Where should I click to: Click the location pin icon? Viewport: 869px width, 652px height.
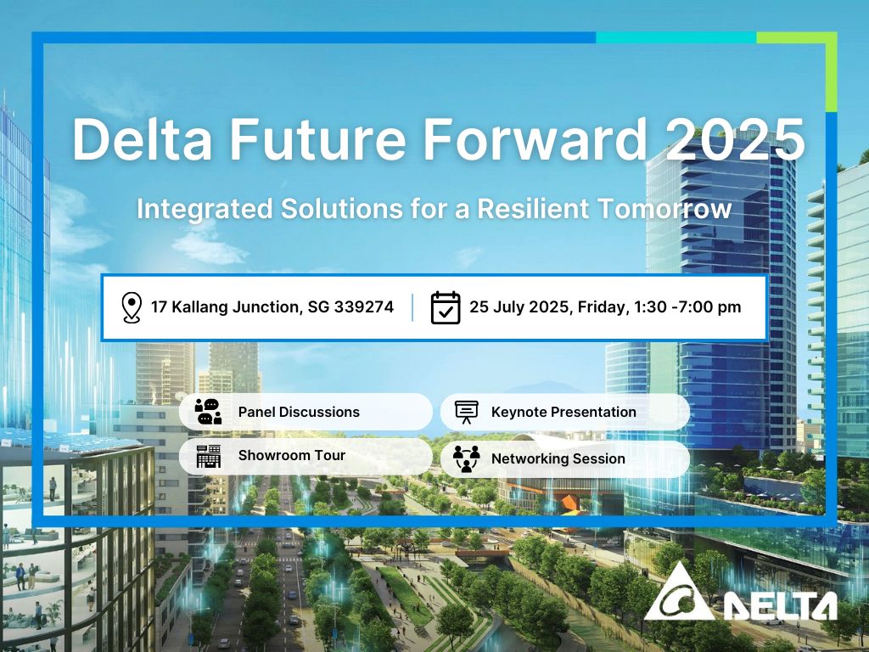(x=131, y=307)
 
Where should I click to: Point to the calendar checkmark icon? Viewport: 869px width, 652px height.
(x=446, y=307)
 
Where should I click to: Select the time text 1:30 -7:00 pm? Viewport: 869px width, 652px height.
(x=687, y=307)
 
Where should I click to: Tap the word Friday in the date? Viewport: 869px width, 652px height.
(x=602, y=307)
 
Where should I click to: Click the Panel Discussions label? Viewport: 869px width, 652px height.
(x=299, y=412)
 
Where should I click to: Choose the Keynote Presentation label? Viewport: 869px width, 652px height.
(x=563, y=412)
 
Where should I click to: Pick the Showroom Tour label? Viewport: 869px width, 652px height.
(x=291, y=455)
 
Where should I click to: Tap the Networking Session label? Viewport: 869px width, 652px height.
(x=558, y=458)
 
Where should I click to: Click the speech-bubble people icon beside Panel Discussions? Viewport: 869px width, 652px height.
(x=208, y=412)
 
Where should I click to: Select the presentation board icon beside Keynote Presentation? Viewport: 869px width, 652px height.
(x=466, y=412)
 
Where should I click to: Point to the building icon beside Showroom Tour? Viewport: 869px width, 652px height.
(x=208, y=456)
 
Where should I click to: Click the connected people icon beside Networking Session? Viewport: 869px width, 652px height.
(x=466, y=458)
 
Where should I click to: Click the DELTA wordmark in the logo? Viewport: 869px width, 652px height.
(x=781, y=605)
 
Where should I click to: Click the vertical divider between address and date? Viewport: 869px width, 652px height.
(x=413, y=307)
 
